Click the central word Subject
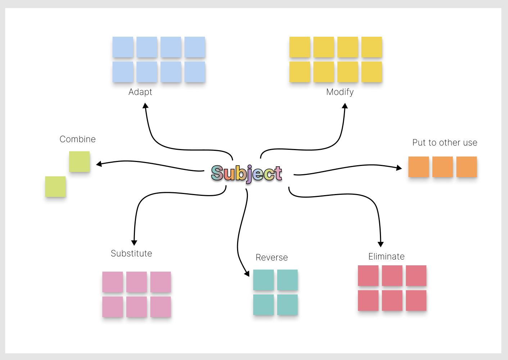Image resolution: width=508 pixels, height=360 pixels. pyautogui.click(x=246, y=174)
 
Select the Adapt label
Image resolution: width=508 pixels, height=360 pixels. pyautogui.click(x=140, y=92)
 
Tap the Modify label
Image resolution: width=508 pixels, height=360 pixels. pyautogui.click(x=340, y=92)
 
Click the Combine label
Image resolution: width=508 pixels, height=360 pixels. pyautogui.click(x=78, y=139)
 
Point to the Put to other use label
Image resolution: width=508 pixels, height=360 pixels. pyautogui.click(x=445, y=143)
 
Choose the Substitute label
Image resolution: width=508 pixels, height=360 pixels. pyautogui.click(x=131, y=253)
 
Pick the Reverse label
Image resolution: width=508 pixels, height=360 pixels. pyautogui.click(x=272, y=257)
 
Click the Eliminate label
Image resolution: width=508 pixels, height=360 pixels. pyautogui.click(x=386, y=257)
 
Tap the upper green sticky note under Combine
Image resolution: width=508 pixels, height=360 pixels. pyautogui.click(x=80, y=162)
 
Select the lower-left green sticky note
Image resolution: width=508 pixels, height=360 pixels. pyautogui.click(x=55, y=186)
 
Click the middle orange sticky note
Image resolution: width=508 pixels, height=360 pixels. pyautogui.click(x=443, y=167)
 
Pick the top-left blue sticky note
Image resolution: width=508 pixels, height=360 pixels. pyautogui.click(x=123, y=47)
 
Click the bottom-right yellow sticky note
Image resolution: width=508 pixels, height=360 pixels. pyautogui.click(x=372, y=72)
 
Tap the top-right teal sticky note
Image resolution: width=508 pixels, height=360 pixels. pyautogui.click(x=287, y=280)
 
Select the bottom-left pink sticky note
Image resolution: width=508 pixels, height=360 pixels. pyautogui.click(x=113, y=307)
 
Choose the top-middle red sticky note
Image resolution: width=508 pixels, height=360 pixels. pyautogui.click(x=392, y=276)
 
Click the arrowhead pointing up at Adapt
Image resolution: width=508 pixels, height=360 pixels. pyautogui.click(x=145, y=105)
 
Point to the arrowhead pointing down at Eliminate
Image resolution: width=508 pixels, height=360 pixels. pyautogui.click(x=381, y=244)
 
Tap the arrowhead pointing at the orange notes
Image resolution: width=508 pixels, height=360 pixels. pyautogui.click(x=399, y=168)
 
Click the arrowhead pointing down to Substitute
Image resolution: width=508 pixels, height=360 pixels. pyautogui.click(x=134, y=243)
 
